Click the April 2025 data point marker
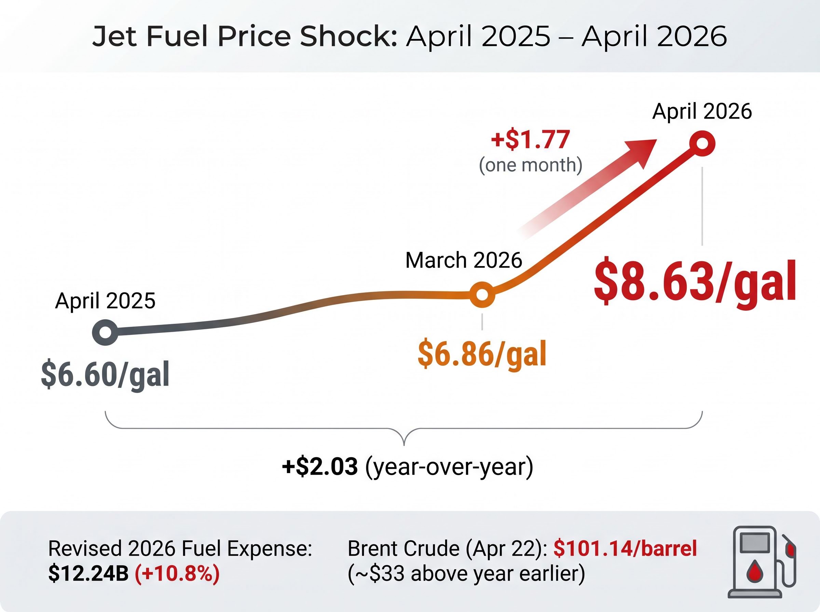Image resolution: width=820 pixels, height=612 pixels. tap(105, 332)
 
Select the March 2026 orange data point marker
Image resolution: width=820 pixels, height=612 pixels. tap(482, 294)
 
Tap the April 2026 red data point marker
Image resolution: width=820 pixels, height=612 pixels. tap(702, 143)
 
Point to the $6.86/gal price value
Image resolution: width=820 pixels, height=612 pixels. tap(482, 354)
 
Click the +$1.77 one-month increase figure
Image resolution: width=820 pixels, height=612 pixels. tap(530, 140)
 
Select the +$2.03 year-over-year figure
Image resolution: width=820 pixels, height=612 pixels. tap(320, 467)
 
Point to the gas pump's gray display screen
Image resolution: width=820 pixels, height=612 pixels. tap(754, 543)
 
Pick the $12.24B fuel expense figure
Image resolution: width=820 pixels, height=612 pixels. tap(88, 574)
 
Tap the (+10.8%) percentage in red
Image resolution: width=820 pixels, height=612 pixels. tap(177, 574)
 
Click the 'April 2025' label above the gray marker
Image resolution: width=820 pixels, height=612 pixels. tap(105, 301)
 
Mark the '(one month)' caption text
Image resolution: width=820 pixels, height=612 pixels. tap(531, 165)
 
